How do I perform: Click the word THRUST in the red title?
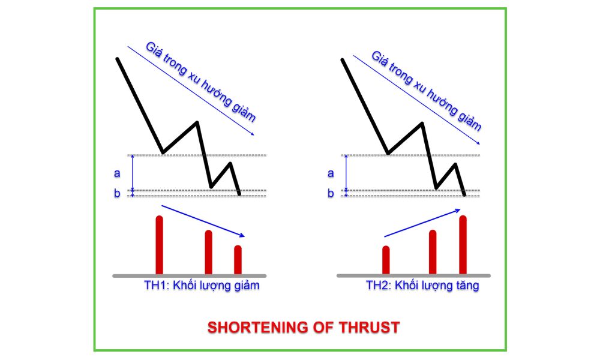click(x=369, y=328)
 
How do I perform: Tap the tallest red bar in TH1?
click(x=160, y=245)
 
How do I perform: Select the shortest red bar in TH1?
click(x=238, y=260)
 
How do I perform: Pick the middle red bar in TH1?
click(x=209, y=253)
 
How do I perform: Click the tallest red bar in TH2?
click(x=463, y=245)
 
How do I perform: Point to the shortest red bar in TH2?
click(x=386, y=260)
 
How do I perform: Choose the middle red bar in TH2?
click(x=433, y=252)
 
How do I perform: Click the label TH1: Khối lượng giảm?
click(x=202, y=286)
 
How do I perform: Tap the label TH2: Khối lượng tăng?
click(x=422, y=286)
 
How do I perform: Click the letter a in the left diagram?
click(x=117, y=173)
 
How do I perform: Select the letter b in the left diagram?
click(x=117, y=193)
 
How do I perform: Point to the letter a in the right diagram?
click(x=331, y=173)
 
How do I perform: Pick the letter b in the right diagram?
click(x=331, y=193)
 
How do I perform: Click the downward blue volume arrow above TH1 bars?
click(x=203, y=221)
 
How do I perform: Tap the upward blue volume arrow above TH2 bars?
click(x=422, y=223)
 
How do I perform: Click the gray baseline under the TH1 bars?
click(x=190, y=276)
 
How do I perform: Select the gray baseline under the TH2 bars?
click(x=413, y=275)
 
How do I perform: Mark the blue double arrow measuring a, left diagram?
click(x=133, y=173)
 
